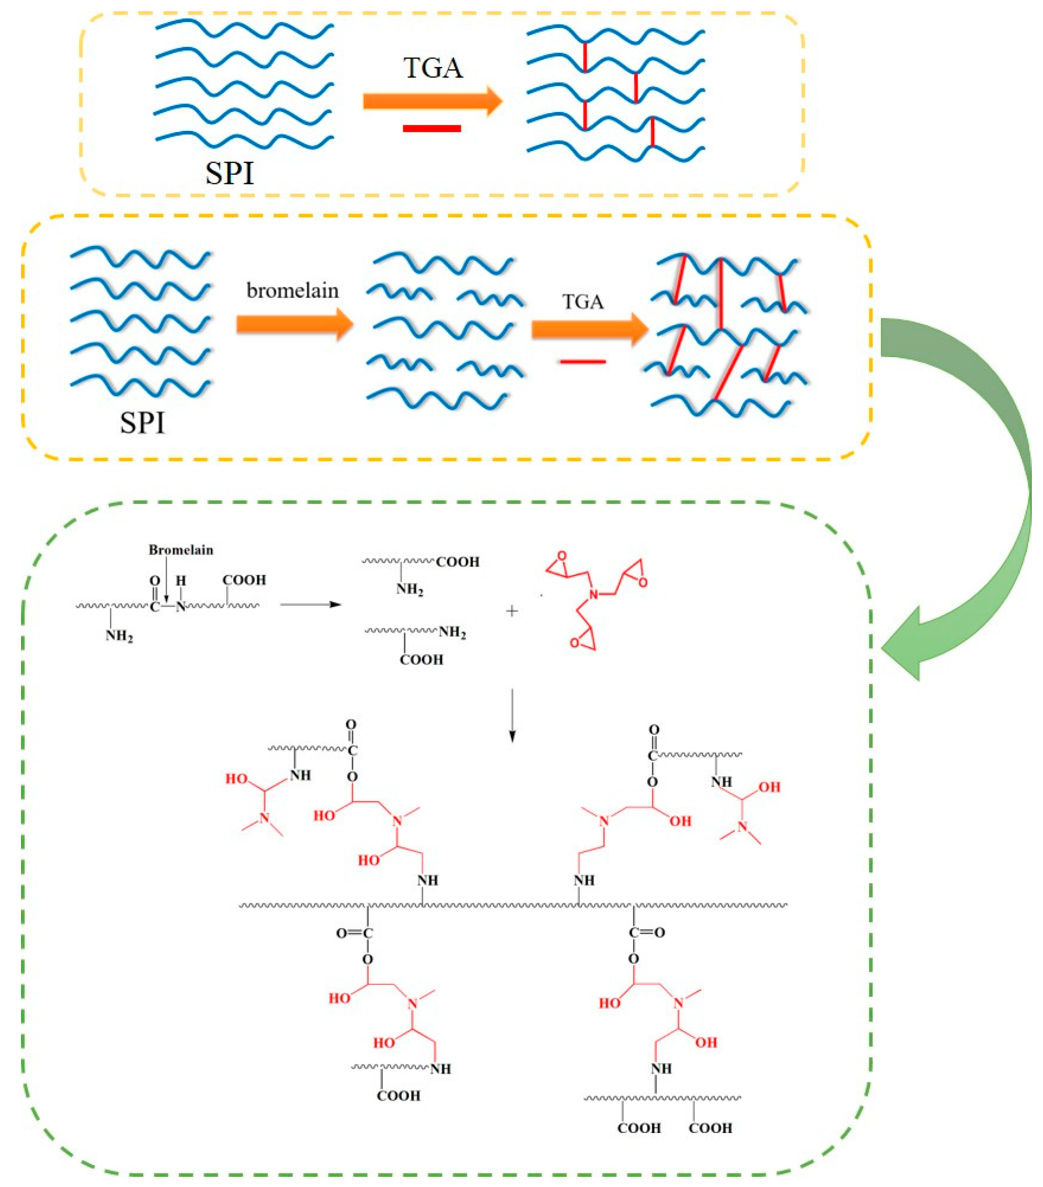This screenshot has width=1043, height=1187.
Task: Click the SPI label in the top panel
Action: [229, 173]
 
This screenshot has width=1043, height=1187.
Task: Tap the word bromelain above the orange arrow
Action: [292, 290]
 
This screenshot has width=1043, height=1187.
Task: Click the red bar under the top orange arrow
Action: [431, 128]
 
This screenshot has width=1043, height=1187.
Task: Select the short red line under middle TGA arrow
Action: [582, 362]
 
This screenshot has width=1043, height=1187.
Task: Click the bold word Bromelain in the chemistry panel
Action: [181, 550]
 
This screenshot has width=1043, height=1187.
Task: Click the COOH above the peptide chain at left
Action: [244, 580]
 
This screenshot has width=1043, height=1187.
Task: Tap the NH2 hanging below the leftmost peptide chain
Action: [119, 636]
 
